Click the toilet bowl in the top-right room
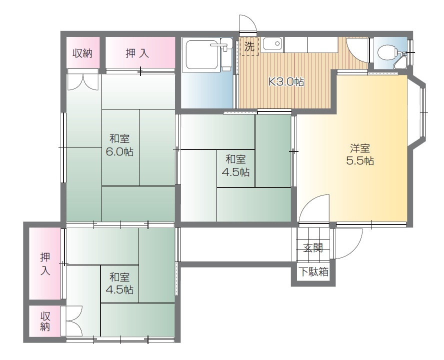coord(387,52)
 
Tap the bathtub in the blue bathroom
coord(201,54)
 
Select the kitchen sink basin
coord(272,43)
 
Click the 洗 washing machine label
coord(249,46)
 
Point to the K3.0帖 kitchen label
coord(286,82)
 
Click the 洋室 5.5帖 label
coord(360,154)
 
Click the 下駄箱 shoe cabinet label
coord(313,272)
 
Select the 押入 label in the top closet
coord(137,53)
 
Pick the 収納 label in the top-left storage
coord(82,53)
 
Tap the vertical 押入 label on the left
coord(45,264)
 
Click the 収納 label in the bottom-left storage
coord(45,321)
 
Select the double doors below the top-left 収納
coord(82,82)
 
